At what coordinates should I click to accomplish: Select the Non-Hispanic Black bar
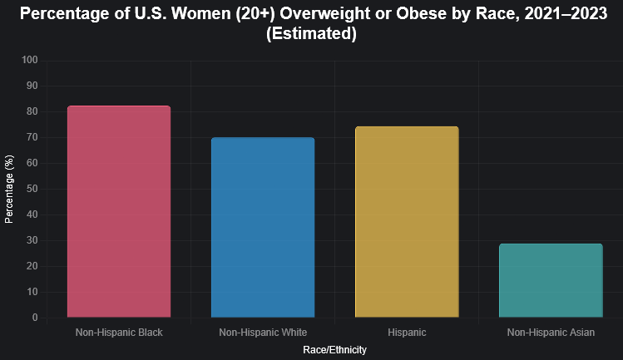[119, 211]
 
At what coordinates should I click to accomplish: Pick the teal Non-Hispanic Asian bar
[551, 280]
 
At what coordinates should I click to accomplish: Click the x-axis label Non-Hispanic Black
[119, 333]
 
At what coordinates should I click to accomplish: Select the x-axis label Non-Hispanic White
[263, 333]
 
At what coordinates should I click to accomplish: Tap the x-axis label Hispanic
[407, 333]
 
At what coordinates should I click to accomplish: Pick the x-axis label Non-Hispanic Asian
[551, 333]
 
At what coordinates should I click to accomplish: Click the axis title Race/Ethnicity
[334, 351]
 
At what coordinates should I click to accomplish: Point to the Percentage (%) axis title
[9, 189]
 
